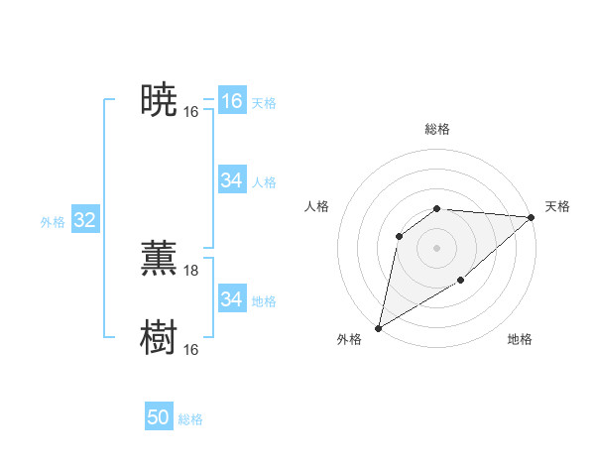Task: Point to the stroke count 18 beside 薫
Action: pos(191,271)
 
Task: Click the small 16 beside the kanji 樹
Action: pos(191,350)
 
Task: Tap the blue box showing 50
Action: pos(159,418)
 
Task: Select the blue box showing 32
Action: pos(85,220)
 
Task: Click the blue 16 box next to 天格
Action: pos(232,101)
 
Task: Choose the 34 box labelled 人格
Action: pos(232,180)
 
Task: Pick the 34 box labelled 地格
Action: pos(232,299)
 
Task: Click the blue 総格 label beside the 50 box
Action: pos(190,419)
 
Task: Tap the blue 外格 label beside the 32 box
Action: pos(53,222)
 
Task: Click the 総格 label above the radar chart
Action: pos(437,129)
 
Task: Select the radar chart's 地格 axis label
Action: pos(520,340)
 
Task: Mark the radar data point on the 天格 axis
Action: pos(532,217)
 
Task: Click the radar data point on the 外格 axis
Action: pos(379,327)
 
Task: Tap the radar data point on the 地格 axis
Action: pos(461,281)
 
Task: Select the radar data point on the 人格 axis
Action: pos(399,235)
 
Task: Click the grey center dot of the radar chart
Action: pos(436,247)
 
